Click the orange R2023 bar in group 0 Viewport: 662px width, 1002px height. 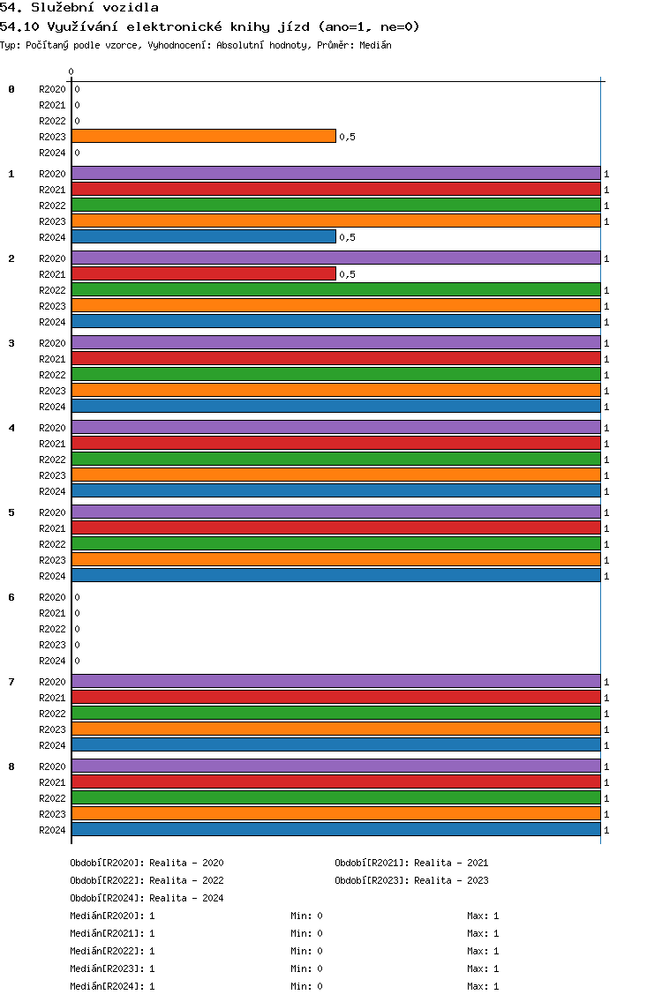click(204, 136)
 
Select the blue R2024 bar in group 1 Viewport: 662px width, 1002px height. click(204, 237)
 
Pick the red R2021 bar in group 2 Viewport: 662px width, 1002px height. click(204, 274)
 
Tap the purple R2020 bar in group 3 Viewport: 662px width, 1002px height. click(336, 342)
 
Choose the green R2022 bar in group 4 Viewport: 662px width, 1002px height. click(336, 460)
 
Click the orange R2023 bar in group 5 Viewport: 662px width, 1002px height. click(336, 560)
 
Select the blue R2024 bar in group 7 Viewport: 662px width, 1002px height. click(336, 745)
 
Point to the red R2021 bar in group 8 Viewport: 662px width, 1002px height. click(336, 782)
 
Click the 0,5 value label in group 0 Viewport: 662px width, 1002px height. click(347, 137)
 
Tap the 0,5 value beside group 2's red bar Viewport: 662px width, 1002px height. click(347, 274)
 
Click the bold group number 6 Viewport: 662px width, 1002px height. click(11, 597)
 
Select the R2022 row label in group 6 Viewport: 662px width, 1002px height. click(52, 629)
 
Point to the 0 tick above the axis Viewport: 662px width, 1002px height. click(71, 71)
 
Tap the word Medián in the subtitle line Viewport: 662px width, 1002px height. click(375, 45)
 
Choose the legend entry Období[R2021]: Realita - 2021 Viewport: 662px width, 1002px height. click(411, 863)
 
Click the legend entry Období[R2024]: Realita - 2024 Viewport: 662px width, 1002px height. click(147, 898)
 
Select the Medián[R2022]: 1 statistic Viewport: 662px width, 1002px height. click(112, 951)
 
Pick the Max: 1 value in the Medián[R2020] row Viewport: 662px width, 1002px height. click(483, 916)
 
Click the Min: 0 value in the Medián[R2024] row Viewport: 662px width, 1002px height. click(306, 986)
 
